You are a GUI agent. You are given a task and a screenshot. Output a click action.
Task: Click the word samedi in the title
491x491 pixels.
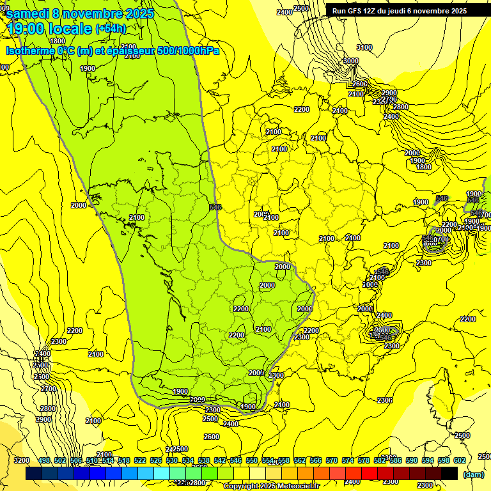coord(31,13)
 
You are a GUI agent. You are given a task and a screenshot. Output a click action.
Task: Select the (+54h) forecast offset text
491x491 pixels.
coord(111,29)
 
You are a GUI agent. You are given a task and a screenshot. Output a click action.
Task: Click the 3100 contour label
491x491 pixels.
coord(364,47)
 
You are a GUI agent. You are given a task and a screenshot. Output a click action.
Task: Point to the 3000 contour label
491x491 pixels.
coord(351,61)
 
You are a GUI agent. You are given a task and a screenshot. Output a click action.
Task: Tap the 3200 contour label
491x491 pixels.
coord(21,460)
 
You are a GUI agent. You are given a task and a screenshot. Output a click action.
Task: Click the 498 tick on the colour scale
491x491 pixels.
coord(44,460)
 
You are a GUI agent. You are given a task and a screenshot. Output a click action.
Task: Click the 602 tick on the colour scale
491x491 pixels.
coord(459,460)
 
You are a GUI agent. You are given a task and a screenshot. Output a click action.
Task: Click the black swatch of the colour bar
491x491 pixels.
coord(449,473)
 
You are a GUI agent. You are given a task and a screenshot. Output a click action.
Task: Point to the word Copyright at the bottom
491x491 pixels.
coord(242,486)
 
